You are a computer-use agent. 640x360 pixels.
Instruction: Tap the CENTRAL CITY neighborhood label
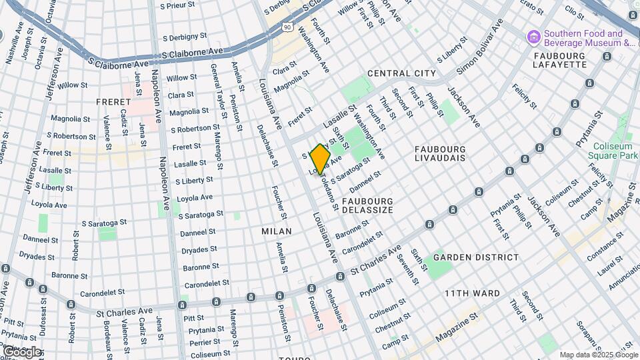pos(401,73)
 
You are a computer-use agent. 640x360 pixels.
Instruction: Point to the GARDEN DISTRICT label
pos(476,257)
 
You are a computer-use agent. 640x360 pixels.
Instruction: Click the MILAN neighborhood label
pos(277,231)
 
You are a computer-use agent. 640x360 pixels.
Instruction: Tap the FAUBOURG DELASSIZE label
pos(368,205)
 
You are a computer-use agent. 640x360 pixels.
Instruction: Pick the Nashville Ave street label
pos(15,45)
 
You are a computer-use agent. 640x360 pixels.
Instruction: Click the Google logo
pos(21,351)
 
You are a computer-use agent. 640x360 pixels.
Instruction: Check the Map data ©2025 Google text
pos(598,355)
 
